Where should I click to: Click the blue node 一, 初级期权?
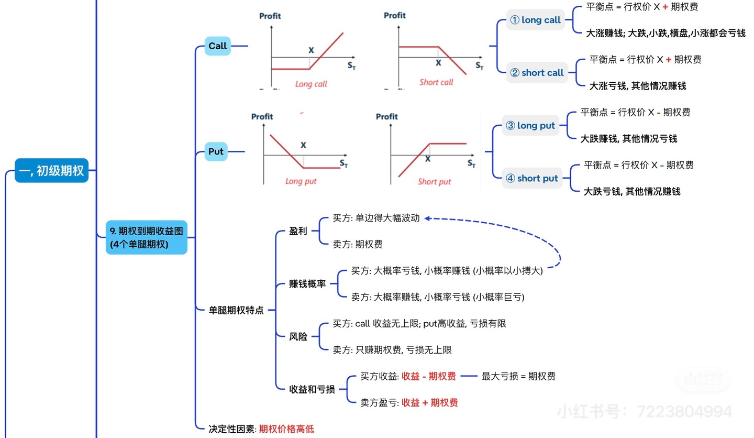point(51,171)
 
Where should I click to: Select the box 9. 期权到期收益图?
point(146,237)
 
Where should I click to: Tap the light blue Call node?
point(217,46)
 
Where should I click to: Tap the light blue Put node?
point(216,152)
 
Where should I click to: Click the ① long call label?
point(535,20)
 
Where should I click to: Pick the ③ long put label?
point(530,126)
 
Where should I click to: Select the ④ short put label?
point(531,179)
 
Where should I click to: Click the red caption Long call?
point(311,84)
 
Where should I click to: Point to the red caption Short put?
point(434,182)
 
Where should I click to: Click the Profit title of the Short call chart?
point(394,16)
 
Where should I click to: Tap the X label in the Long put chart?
point(303,145)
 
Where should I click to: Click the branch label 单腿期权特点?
point(236,311)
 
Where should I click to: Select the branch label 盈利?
point(298,231)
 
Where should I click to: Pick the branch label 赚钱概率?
point(307,284)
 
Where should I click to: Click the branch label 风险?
point(298,337)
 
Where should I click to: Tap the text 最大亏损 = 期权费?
point(518,376)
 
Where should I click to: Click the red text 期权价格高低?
point(286,429)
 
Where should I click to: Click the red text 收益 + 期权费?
point(429,402)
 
